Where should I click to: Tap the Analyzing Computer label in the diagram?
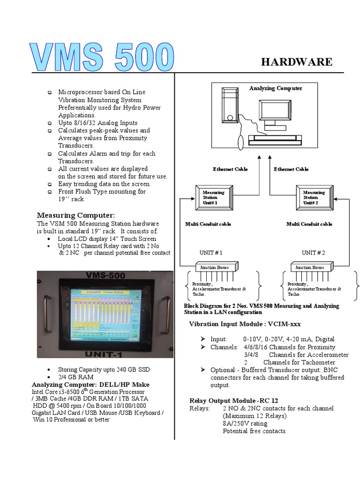click(276, 88)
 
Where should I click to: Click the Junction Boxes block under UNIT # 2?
click(309, 268)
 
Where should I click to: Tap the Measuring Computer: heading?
click(76, 215)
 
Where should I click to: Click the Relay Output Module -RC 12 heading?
click(233, 401)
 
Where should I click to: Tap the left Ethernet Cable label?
click(230, 169)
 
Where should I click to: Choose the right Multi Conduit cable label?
click(309, 224)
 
